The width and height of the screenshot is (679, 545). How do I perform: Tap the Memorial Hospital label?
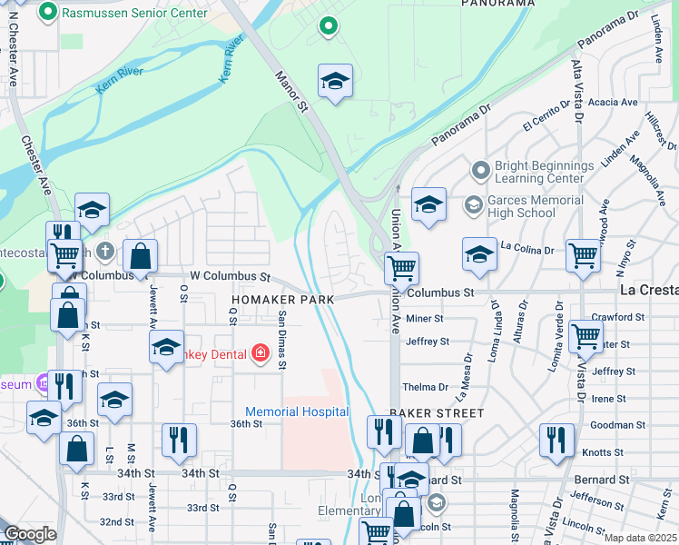pyautogui.click(x=296, y=411)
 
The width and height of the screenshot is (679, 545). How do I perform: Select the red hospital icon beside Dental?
pyautogui.click(x=260, y=352)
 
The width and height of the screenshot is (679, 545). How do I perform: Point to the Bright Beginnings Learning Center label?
pyautogui.click(x=544, y=173)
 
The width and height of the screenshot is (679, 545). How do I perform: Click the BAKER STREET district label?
pyautogui.click(x=437, y=412)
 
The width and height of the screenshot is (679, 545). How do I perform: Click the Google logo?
pyautogui.click(x=30, y=533)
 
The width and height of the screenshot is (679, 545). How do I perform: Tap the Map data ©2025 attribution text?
pyautogui.click(x=639, y=538)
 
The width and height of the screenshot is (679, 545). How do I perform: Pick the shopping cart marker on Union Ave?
pyautogui.click(x=400, y=267)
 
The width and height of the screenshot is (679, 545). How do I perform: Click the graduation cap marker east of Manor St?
pyautogui.click(x=335, y=82)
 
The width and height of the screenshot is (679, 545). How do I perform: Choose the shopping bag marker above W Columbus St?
pyautogui.click(x=140, y=255)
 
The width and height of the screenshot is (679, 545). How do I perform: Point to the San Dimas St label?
pyautogui.click(x=282, y=340)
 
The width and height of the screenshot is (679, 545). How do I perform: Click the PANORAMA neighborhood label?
pyautogui.click(x=497, y=4)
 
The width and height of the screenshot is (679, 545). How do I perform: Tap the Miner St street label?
pyautogui.click(x=424, y=319)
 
